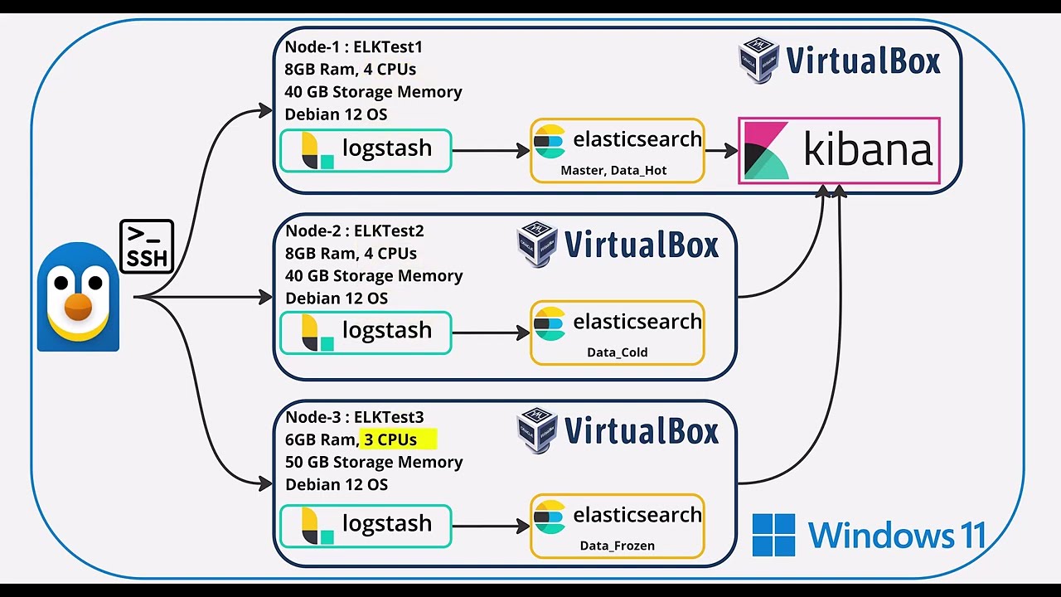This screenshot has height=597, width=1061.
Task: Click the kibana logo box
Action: point(839,151)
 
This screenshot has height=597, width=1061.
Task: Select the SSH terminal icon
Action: point(147,246)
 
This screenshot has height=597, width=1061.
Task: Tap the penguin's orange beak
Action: point(78,305)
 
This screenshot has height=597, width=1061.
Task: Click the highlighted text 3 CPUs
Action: point(391,439)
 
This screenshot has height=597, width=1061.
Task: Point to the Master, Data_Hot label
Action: point(613,171)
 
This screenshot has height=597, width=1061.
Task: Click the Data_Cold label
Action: point(617,352)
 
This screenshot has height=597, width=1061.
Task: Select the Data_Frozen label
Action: point(617,546)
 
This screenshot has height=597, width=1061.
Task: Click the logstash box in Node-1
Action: point(366,151)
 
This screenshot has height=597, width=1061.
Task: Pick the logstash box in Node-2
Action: point(366,332)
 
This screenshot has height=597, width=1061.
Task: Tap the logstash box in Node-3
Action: point(366,526)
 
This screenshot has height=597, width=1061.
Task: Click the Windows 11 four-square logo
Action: point(773,535)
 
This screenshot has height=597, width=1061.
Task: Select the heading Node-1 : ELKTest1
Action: point(354,47)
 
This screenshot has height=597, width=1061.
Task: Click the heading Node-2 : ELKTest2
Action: point(355,231)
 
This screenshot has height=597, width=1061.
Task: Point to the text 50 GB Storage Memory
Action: point(374,462)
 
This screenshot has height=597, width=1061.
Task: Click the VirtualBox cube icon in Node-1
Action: point(758,61)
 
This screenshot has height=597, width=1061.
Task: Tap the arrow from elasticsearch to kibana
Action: point(721,151)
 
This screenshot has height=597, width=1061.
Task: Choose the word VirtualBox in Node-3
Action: point(641,431)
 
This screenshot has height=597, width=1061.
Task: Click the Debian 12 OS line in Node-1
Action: point(336,114)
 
